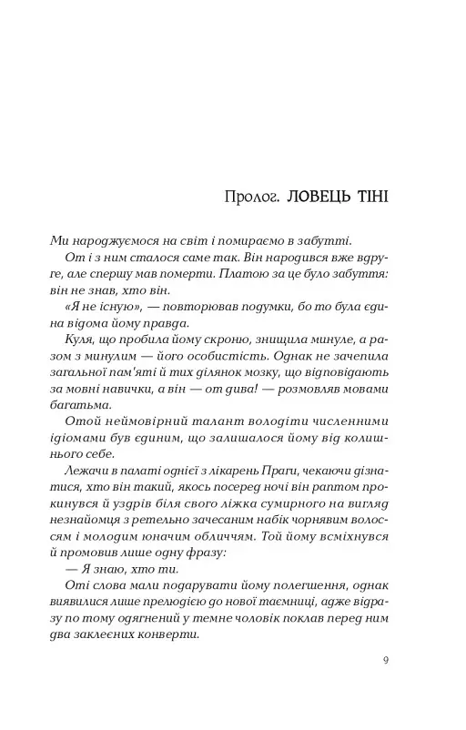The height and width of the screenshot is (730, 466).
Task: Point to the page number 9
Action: click(x=386, y=662)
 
